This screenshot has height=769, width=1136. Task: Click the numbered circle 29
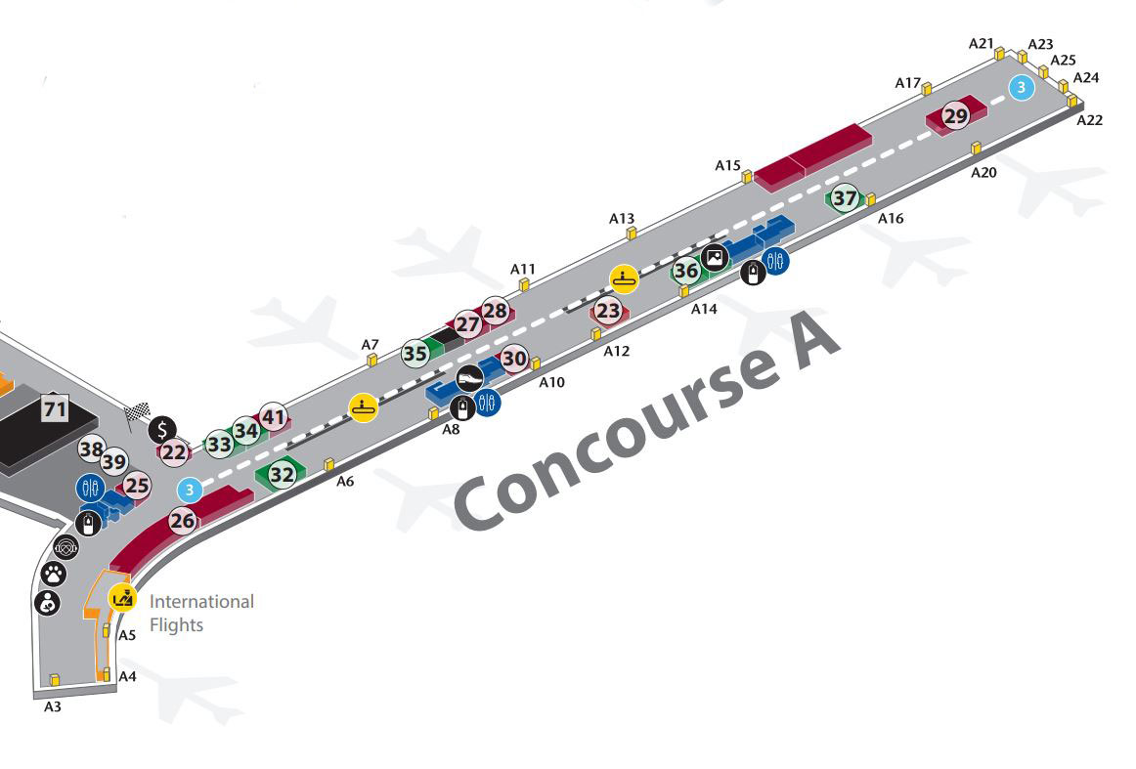(x=955, y=116)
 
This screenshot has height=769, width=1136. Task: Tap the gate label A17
(x=908, y=83)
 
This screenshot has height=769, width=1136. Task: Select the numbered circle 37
(x=845, y=197)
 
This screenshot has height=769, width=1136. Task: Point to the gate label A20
(x=983, y=172)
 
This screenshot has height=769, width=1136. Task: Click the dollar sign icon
(x=162, y=430)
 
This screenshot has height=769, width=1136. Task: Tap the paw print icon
(x=53, y=575)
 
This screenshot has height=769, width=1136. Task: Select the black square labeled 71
(x=55, y=409)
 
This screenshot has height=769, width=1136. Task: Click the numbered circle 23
(x=608, y=312)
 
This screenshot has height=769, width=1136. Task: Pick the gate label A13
(x=622, y=219)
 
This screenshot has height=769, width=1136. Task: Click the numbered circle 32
(x=282, y=475)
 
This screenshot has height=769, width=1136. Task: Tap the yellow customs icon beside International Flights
(x=123, y=598)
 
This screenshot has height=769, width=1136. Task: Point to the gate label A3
(x=53, y=706)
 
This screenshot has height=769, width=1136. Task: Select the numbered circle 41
(x=273, y=417)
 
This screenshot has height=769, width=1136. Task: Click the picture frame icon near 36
(x=715, y=256)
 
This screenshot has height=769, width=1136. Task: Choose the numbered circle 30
(x=514, y=359)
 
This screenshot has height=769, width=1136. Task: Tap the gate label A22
(x=1090, y=120)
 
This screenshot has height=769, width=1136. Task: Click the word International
(x=201, y=602)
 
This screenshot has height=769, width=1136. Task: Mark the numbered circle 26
(x=183, y=521)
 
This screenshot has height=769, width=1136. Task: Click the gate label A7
(x=371, y=345)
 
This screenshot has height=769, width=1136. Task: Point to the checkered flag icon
(x=138, y=413)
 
